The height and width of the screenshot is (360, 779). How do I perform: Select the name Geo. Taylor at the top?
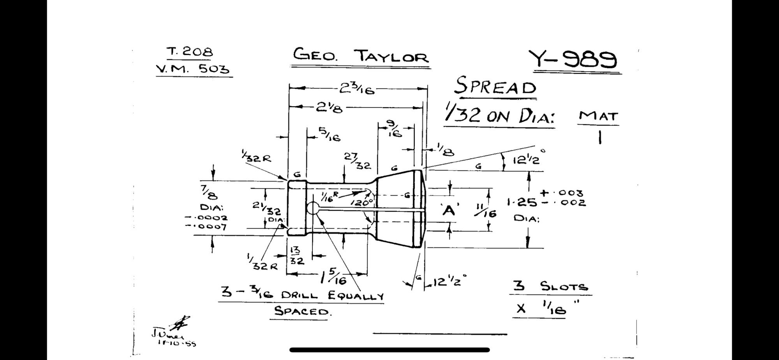[x=361, y=56]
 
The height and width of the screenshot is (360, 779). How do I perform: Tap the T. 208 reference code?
[x=190, y=52]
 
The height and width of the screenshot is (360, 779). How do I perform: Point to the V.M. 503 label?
[x=192, y=69]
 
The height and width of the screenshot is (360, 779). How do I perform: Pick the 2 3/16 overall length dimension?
[x=356, y=89]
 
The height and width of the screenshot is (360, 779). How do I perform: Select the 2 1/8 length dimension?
[x=329, y=107]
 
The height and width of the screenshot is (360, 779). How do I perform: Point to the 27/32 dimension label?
[x=357, y=161]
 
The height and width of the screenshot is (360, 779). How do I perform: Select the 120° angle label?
[x=361, y=203]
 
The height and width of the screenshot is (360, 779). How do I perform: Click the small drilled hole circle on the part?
[x=313, y=208]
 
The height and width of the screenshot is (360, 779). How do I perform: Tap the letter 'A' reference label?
[x=449, y=210]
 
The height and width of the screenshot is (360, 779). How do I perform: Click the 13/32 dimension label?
[x=296, y=256]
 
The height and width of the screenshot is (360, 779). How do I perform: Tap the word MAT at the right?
[x=598, y=116]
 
